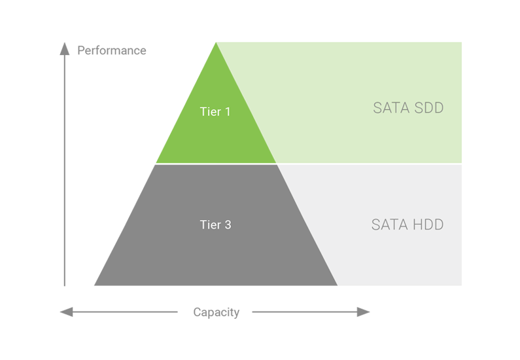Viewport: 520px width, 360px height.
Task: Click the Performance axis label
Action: tap(111, 50)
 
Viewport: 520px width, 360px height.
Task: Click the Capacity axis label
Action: tap(217, 312)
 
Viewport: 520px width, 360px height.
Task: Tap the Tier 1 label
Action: tap(215, 111)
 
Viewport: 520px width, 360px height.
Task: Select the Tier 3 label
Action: tap(215, 225)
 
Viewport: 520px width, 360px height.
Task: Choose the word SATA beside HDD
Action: tap(389, 225)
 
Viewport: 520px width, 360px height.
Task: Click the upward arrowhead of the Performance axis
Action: tap(64, 48)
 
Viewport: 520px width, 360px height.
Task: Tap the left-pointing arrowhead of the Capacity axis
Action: tap(65, 312)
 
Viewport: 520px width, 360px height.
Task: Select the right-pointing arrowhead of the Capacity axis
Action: tap(364, 312)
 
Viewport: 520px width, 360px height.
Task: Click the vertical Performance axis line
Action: tap(64, 170)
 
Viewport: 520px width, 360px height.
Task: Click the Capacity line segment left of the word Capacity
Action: tap(124, 312)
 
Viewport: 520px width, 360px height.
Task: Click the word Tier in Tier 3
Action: tap(209, 225)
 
